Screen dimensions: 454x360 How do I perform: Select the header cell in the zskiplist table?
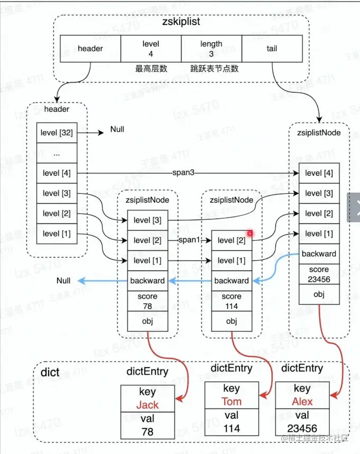(x=90, y=49)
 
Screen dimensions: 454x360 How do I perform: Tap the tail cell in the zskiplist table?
(x=272, y=49)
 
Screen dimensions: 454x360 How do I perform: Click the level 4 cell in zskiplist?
(x=151, y=49)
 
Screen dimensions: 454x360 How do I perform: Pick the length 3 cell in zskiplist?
(x=211, y=49)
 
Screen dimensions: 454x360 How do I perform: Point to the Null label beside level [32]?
(x=118, y=130)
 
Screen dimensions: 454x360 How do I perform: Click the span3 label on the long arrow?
(x=184, y=173)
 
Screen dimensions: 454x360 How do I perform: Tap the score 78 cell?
(x=147, y=301)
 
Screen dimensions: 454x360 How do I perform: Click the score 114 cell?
(x=231, y=301)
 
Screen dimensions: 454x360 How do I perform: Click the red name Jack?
(x=147, y=405)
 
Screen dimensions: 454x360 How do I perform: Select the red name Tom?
(x=231, y=401)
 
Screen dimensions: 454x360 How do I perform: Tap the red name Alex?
(x=302, y=401)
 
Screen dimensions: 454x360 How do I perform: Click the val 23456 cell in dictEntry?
(x=302, y=422)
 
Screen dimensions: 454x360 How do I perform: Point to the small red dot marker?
(x=250, y=233)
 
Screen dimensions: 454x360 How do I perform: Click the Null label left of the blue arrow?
(x=64, y=280)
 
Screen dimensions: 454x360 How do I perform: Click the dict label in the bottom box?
(x=50, y=373)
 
